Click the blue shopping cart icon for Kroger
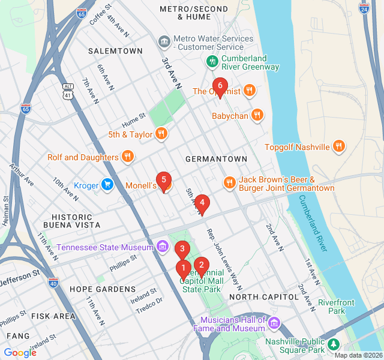107,185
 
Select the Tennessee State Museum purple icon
162,247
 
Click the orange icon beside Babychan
257,115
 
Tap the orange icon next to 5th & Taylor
161,134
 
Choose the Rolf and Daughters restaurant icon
127,157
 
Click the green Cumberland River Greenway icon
212,61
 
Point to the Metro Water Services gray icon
163,42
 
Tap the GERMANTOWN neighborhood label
216,159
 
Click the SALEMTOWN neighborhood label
115,51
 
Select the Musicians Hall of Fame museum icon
274,324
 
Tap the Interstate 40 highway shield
53,282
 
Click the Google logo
20,352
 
